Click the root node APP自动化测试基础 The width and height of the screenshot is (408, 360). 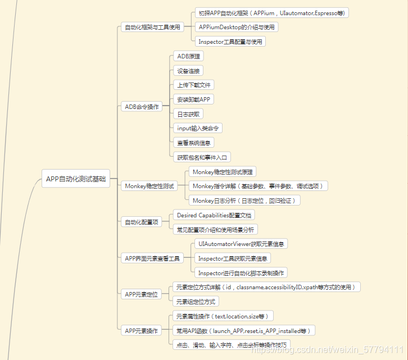tap(76, 179)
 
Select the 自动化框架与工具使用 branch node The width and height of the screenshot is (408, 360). tap(152, 27)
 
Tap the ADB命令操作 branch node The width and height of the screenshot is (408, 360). tap(142, 106)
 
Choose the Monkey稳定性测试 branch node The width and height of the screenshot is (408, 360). tap(149, 186)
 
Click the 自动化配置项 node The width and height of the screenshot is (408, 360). tap(142, 222)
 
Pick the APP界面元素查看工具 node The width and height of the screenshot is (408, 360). tap(152, 258)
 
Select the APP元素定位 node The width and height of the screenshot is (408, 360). tap(141, 294)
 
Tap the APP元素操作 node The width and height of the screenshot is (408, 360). tap(141, 330)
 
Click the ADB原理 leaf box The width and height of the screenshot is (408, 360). tap(188, 56)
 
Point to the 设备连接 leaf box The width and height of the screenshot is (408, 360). tap(188, 71)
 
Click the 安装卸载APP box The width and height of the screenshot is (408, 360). tap(195, 99)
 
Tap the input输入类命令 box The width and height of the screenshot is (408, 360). tap(199, 128)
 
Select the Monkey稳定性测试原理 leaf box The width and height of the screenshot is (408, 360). tap(223, 171)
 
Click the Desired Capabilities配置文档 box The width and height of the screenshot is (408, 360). tap(215, 215)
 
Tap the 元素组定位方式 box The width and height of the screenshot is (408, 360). tap(195, 302)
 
